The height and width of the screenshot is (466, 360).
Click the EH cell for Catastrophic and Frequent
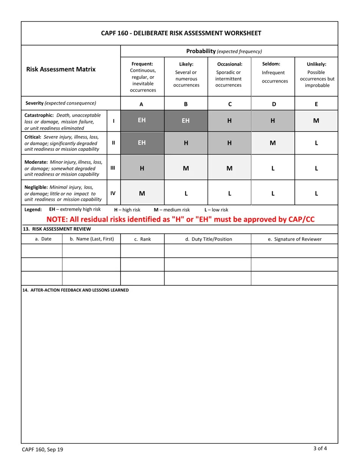(x=142, y=120)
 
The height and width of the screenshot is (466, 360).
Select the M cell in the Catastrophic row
(x=316, y=120)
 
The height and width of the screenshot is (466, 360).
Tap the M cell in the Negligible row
(x=142, y=193)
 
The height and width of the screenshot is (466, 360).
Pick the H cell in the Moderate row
(x=142, y=168)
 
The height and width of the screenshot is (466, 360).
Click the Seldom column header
(x=272, y=72)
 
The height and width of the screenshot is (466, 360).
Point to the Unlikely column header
(x=316, y=75)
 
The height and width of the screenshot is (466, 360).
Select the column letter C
(x=230, y=104)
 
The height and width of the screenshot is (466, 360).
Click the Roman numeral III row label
(x=113, y=168)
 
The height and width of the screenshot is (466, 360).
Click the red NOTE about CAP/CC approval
(x=180, y=219)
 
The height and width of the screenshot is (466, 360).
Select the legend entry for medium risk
(x=172, y=210)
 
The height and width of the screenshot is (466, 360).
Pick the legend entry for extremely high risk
(x=75, y=210)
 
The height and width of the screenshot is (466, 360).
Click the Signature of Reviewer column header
(x=294, y=239)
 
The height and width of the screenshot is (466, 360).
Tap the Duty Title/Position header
(x=208, y=239)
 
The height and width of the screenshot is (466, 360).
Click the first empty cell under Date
(x=41, y=251)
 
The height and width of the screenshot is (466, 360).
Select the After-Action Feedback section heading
(x=75, y=290)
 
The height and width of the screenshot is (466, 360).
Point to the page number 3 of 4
(x=320, y=449)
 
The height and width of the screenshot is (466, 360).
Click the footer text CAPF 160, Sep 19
(x=42, y=450)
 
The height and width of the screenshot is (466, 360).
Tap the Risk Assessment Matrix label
(x=61, y=69)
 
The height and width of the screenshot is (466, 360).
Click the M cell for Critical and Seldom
(x=272, y=143)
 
